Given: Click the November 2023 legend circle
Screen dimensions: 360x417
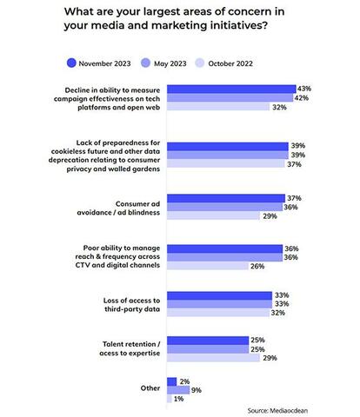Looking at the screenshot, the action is pyautogui.click(x=71, y=63).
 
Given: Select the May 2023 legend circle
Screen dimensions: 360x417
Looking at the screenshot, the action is pyautogui.click(x=146, y=63).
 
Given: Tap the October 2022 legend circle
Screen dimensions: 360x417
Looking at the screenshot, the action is pyautogui.click(x=200, y=63).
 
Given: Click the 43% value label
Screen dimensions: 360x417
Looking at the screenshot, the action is pyautogui.click(x=304, y=89).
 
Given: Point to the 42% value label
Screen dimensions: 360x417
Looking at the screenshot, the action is pyautogui.click(x=302, y=98).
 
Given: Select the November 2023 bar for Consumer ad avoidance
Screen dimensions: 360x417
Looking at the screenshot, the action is pyautogui.click(x=226, y=198).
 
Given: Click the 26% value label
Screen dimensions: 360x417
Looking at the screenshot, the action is pyautogui.click(x=257, y=266).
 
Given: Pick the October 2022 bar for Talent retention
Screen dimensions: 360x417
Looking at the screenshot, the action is pyautogui.click(x=213, y=358).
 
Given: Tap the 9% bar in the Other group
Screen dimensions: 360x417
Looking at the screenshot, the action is pyautogui.click(x=178, y=390).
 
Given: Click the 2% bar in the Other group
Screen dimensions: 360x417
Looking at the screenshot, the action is pyautogui.click(x=172, y=381).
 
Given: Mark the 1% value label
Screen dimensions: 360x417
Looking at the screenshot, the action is pyautogui.click(x=178, y=399).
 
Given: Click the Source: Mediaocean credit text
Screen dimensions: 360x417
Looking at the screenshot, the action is pyautogui.click(x=277, y=410).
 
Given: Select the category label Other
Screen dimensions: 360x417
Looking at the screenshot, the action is pyautogui.click(x=150, y=388).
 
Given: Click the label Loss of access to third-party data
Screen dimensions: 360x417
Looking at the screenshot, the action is pyautogui.click(x=131, y=305).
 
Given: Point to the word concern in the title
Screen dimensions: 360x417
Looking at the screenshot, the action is pyautogui.click(x=249, y=11).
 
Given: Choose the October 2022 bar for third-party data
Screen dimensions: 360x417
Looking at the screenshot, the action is pyautogui.click(x=218, y=313).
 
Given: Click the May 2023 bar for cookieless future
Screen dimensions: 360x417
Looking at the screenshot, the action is pyautogui.click(x=228, y=155).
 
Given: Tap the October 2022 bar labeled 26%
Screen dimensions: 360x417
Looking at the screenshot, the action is pyautogui.click(x=208, y=266).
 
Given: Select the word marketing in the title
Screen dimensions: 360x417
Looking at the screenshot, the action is pyautogui.click(x=179, y=25).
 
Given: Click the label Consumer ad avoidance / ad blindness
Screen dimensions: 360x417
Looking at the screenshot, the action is pyautogui.click(x=118, y=208).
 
